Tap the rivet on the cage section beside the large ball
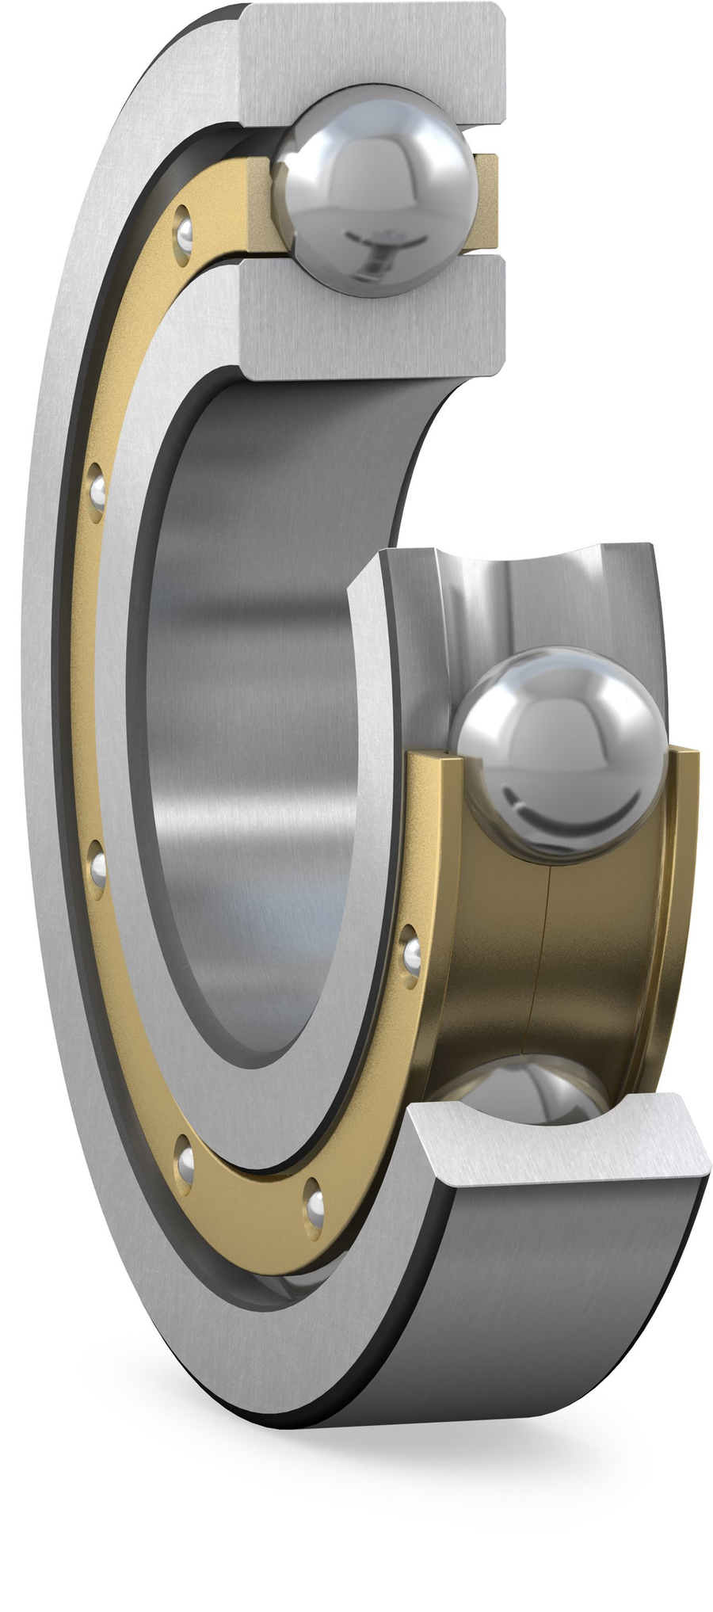[411, 955]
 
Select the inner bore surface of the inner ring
[254, 713]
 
